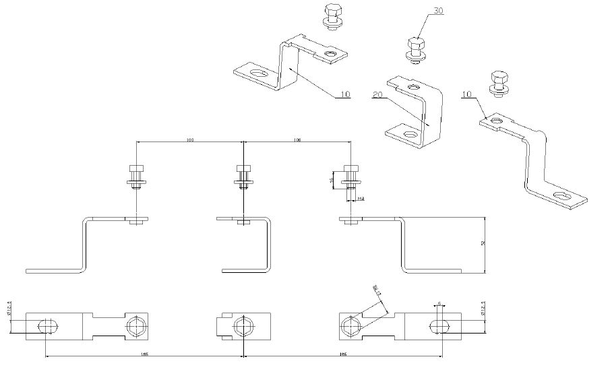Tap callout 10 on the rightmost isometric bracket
click(467, 94)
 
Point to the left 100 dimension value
click(190, 139)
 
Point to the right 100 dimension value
click(297, 139)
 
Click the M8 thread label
click(361, 199)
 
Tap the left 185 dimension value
click(144, 353)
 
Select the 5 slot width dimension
click(439, 304)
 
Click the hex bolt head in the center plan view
click(243, 326)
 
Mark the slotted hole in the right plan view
click(439, 326)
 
